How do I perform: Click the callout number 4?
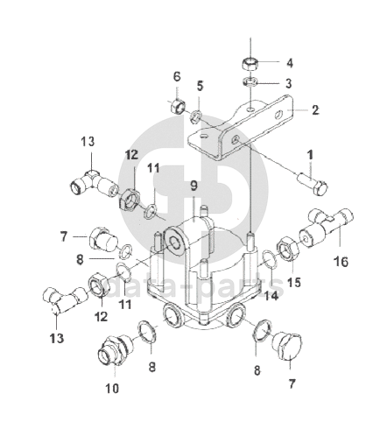point(289,63)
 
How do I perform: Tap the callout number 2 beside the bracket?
point(315,110)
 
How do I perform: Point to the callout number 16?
point(341,262)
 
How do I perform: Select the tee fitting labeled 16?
point(327,225)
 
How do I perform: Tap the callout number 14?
point(271,296)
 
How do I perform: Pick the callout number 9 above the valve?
point(194,186)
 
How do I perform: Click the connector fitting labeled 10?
point(115,350)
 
